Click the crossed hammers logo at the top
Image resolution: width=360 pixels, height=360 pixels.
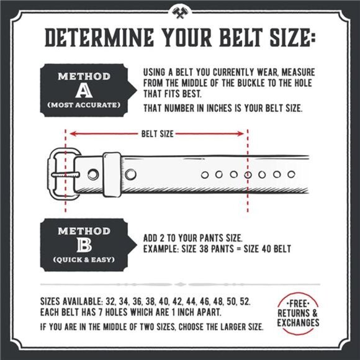[x=180, y=10]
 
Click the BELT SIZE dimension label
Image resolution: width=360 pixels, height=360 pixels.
[x=158, y=133]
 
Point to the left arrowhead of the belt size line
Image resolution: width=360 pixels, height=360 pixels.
[x=71, y=133]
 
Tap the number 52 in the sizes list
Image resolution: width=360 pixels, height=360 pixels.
[x=245, y=301]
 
